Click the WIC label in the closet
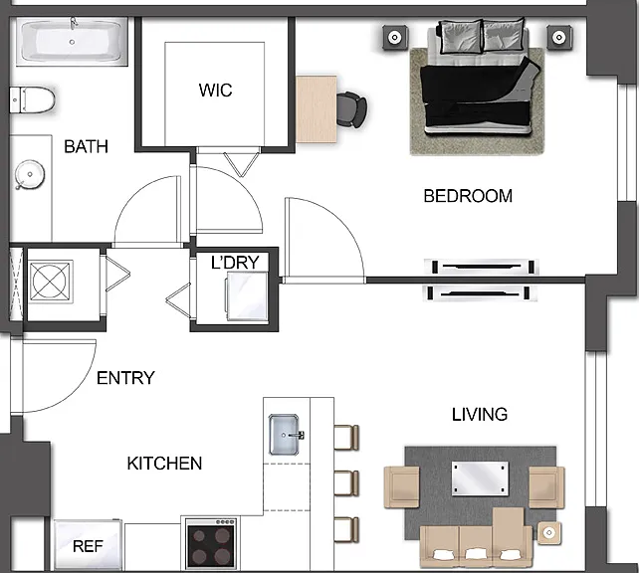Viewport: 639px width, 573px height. pyautogui.click(x=215, y=90)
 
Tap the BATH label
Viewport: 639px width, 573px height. pyautogui.click(x=86, y=146)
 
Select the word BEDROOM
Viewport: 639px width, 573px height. pyautogui.click(x=468, y=196)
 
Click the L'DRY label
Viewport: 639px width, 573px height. pyautogui.click(x=235, y=263)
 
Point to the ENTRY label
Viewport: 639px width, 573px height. pyautogui.click(x=125, y=378)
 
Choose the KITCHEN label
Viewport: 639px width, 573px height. pyautogui.click(x=164, y=464)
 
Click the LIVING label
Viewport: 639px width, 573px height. pyautogui.click(x=480, y=415)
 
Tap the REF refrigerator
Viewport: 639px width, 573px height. pyautogui.click(x=88, y=545)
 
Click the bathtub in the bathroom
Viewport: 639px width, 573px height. pyautogui.click(x=72, y=42)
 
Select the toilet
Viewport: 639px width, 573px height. pyautogui.click(x=32, y=99)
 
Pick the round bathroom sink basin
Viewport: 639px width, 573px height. pyautogui.click(x=29, y=175)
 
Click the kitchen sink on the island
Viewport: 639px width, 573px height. pyautogui.click(x=286, y=435)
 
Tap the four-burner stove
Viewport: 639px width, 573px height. pyautogui.click(x=211, y=544)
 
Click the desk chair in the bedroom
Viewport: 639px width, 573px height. pyautogui.click(x=351, y=109)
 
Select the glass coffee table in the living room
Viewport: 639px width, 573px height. pyautogui.click(x=480, y=478)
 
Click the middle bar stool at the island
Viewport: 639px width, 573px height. pyautogui.click(x=346, y=483)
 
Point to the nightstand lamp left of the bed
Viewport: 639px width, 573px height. pyautogui.click(x=395, y=38)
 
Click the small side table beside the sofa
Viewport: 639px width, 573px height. pyautogui.click(x=548, y=532)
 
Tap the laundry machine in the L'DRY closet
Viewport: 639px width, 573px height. pyautogui.click(x=248, y=296)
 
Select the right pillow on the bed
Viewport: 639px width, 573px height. pyautogui.click(x=503, y=35)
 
